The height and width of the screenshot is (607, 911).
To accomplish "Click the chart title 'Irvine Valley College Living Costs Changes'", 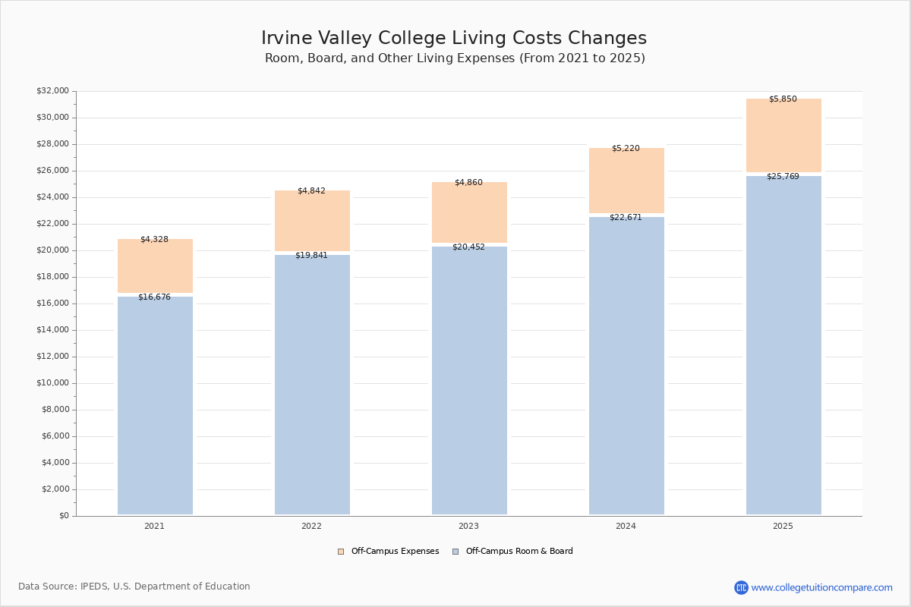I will [x=454, y=39].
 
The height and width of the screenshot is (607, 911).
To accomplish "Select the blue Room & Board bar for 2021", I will [x=155, y=406].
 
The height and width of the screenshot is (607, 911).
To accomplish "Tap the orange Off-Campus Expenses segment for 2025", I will [x=783, y=137].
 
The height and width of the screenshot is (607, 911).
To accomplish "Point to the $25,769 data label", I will [x=782, y=177].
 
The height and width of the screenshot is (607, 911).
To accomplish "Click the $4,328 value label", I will [x=154, y=240].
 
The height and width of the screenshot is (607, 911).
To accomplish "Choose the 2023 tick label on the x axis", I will [x=468, y=527].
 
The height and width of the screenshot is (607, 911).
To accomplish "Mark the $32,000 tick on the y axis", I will [x=52, y=91].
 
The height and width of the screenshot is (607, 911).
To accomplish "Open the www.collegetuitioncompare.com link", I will [x=821, y=587].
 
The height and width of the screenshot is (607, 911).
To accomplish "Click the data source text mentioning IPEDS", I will [x=134, y=587].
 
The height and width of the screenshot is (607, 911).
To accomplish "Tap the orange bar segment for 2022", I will [x=312, y=222].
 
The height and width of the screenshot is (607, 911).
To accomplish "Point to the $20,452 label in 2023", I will [x=468, y=247].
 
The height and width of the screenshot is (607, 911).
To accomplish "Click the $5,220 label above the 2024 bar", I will [x=626, y=149].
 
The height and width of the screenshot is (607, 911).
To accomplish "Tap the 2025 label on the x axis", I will [x=783, y=527].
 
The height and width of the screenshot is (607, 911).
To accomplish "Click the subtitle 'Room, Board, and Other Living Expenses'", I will [x=454, y=58].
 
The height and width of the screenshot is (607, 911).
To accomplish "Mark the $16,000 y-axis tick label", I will [x=52, y=303].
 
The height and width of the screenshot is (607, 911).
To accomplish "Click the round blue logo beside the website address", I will [x=741, y=587].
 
